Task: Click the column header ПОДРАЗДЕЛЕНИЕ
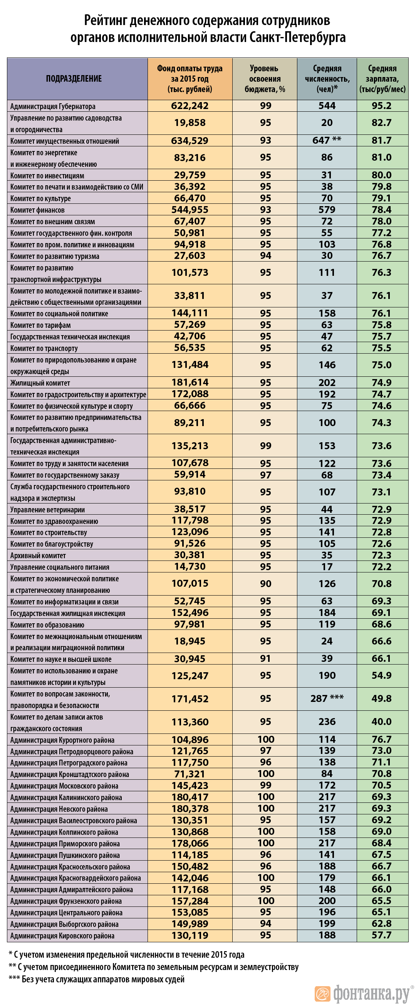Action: tap(74, 79)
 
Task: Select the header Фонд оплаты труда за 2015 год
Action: tap(190, 79)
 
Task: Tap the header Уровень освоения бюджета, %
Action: tap(265, 79)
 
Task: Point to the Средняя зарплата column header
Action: tap(382, 79)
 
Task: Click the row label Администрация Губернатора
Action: tap(53, 106)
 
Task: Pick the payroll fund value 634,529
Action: tap(190, 141)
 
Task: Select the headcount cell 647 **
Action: tap(327, 140)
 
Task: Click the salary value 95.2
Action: tap(382, 106)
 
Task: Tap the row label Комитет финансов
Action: tap(37, 210)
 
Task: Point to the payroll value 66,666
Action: tap(190, 406)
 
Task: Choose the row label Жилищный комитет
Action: tap(40, 383)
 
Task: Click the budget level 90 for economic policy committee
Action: tap(265, 584)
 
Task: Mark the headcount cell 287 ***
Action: tap(327, 698)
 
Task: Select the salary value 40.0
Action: tap(382, 722)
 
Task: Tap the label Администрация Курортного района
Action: tap(62, 740)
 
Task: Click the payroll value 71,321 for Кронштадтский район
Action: tap(190, 774)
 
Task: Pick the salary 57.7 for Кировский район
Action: tap(382, 935)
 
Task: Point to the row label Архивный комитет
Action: tap(38, 556)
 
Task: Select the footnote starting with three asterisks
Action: tap(97, 979)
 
